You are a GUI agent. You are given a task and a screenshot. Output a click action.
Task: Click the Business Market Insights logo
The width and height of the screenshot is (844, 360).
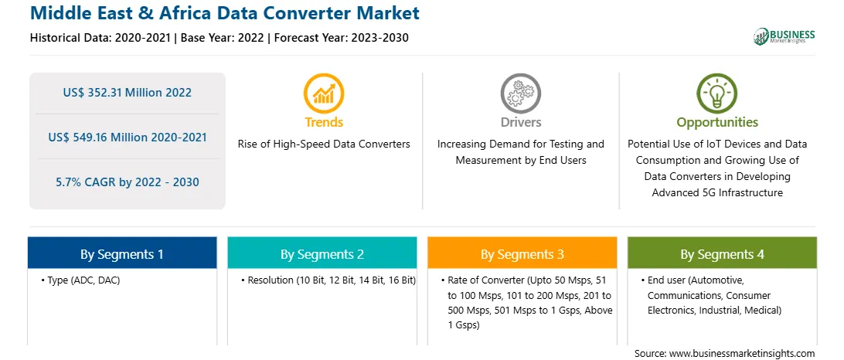(784, 36)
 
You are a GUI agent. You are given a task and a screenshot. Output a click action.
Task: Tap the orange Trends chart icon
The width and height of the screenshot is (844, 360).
(324, 93)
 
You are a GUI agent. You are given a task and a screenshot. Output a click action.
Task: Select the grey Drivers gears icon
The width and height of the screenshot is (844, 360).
(520, 93)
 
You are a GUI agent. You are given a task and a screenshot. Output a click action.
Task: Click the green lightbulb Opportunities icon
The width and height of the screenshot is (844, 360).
(717, 93)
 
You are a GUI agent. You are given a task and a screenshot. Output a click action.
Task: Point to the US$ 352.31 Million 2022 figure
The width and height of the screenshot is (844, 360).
(127, 93)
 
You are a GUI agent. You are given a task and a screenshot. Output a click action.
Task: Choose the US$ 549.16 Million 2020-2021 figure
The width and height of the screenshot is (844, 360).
(127, 138)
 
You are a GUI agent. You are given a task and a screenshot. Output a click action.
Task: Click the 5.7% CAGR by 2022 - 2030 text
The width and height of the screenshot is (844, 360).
(127, 182)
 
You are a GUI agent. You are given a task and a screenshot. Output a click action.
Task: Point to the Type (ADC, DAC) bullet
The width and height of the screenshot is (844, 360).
(80, 280)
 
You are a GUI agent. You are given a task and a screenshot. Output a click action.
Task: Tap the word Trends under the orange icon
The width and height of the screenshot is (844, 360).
(324, 122)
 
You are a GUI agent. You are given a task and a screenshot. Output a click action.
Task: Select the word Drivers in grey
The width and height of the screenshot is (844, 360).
(520, 122)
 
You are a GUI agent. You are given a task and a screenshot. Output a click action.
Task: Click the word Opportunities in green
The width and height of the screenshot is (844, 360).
(717, 123)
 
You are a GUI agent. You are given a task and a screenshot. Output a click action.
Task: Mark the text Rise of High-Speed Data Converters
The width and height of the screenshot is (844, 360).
(324, 144)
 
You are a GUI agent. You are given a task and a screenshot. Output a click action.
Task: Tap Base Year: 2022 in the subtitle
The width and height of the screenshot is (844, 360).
(222, 38)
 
